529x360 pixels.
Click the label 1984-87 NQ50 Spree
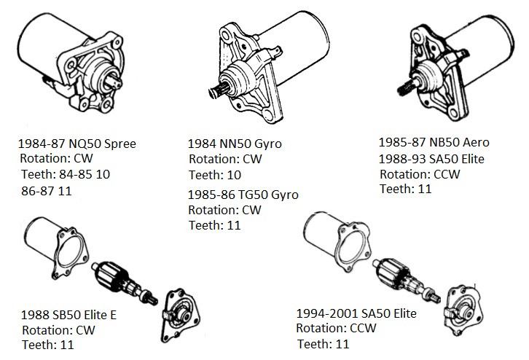77,144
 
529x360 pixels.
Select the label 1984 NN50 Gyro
235,144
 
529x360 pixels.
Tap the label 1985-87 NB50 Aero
434,142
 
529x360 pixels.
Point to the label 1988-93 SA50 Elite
431,159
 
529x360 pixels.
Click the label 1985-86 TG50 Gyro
243,195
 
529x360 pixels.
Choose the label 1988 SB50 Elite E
68,315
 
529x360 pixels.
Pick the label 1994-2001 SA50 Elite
356,313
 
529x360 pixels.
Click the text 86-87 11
47,191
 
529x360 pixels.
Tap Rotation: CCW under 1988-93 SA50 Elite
420,174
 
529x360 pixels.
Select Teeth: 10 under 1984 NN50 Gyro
215,175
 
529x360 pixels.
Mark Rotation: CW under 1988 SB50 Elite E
58,330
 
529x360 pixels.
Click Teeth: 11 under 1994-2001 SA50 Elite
324,344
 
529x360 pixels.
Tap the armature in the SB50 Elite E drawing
125,283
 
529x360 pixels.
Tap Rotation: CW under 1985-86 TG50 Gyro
224,210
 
